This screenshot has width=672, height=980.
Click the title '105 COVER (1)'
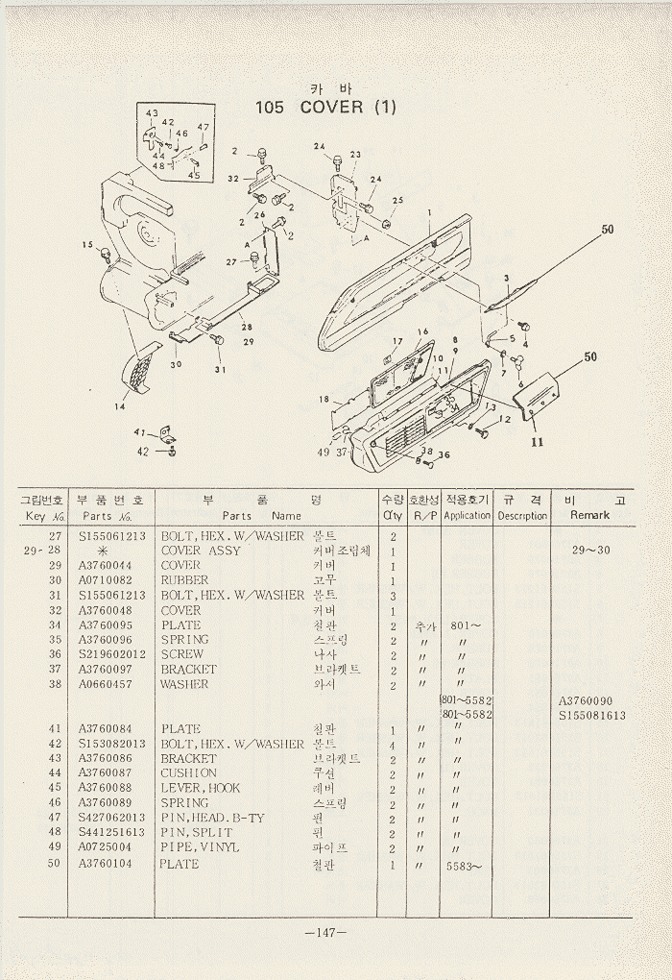(324, 107)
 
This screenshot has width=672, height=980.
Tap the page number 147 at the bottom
(325, 933)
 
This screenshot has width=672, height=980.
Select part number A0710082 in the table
(105, 580)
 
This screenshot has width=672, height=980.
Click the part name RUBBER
(184, 580)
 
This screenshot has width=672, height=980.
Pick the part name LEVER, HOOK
(201, 788)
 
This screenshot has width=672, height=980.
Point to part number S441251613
(112, 832)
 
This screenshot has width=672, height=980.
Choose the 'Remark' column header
(589, 515)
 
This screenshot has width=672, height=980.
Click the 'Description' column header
(522, 515)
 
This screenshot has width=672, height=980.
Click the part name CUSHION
(188, 772)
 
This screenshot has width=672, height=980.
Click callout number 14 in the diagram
(121, 406)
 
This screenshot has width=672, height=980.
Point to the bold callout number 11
(537, 442)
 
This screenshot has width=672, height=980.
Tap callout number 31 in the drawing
(220, 370)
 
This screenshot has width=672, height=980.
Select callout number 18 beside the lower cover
(324, 400)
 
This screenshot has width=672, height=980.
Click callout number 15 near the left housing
(87, 245)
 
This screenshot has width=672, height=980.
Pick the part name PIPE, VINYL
(200, 847)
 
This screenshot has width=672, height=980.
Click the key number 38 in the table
(55, 684)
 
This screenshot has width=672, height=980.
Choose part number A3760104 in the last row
(105, 864)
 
